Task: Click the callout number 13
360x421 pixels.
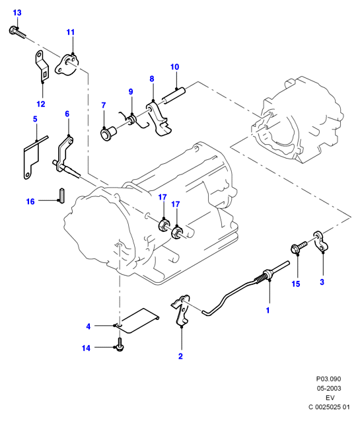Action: [17, 13]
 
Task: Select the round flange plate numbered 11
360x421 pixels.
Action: [67, 65]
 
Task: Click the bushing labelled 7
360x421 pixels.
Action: [108, 134]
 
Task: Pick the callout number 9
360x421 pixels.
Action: [131, 92]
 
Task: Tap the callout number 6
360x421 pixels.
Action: [67, 114]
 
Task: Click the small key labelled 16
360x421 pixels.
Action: [61, 196]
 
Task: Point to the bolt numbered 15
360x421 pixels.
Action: [299, 247]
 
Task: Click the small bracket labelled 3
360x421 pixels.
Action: [321, 241]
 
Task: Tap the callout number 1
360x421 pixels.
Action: [268, 311]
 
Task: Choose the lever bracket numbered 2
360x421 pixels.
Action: [181, 311]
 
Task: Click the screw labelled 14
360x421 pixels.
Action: [120, 344]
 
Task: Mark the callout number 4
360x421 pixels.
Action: [89, 326]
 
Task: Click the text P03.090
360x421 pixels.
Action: [328, 379]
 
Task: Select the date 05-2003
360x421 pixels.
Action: [328, 388]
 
